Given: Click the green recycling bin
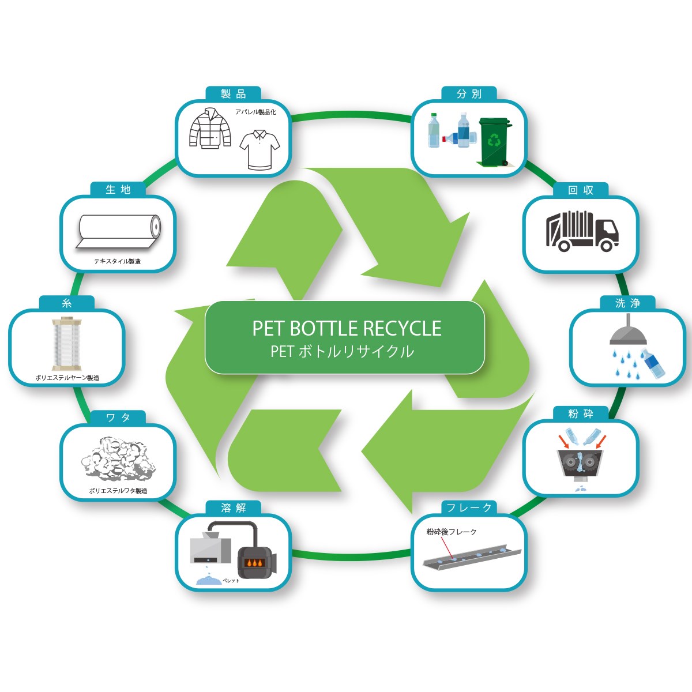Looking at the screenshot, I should point(494,141).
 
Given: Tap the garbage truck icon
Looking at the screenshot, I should point(581,231).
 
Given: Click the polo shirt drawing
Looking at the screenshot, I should point(259,149).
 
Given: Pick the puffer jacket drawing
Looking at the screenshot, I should point(210,128).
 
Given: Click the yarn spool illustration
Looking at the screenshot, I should point(66,344).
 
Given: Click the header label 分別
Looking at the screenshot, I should point(469,94).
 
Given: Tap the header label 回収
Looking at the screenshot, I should point(581,190).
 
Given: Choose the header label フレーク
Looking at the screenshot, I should point(469,508).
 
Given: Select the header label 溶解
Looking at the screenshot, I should point(234,508).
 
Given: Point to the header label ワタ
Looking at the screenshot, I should point(118,418).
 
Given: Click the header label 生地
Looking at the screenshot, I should point(118,190).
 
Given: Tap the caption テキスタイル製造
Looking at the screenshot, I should point(118,261).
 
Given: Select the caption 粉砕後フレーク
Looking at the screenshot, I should point(452,532).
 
